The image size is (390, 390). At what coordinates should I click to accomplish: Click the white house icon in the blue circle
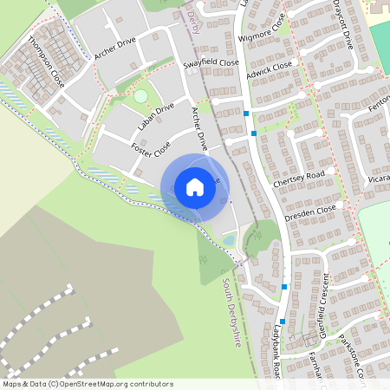195,187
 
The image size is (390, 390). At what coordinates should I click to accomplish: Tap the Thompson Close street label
45,61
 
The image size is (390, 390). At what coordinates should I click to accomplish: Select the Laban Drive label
156,117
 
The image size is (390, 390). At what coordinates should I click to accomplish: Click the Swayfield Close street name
211,64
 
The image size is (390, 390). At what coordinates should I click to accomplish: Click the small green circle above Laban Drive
140,96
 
